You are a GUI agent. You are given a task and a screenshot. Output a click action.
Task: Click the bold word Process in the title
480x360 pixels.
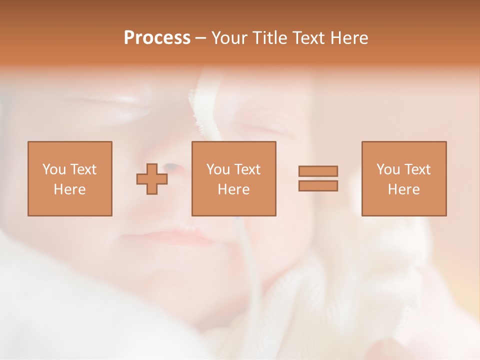click(x=157, y=38)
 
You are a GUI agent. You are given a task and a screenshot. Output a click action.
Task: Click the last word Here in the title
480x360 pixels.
click(x=348, y=38)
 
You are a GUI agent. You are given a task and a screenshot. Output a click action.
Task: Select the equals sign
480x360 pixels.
click(x=318, y=178)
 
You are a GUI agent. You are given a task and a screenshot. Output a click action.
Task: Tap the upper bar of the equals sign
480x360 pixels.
click(x=318, y=171)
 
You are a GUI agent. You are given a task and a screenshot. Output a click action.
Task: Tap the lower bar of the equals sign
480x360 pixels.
click(x=318, y=185)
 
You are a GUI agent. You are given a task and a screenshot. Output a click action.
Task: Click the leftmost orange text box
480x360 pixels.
click(x=70, y=178)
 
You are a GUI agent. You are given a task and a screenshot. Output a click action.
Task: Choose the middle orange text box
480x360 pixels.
click(x=233, y=178)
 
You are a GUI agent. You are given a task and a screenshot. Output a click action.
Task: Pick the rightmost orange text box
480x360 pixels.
click(x=404, y=178)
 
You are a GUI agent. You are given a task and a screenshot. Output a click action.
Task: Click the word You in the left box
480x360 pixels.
click(x=54, y=169)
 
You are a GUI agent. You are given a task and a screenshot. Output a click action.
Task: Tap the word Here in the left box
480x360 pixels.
click(x=70, y=189)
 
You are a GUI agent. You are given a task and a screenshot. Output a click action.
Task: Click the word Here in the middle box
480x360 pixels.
click(x=233, y=189)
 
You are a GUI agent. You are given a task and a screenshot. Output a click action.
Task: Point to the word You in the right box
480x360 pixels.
click(x=388, y=169)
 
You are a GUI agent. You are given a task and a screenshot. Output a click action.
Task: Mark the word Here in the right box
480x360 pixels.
click(x=404, y=189)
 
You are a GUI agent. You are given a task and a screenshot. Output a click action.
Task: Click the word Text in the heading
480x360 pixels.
click(x=307, y=38)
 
